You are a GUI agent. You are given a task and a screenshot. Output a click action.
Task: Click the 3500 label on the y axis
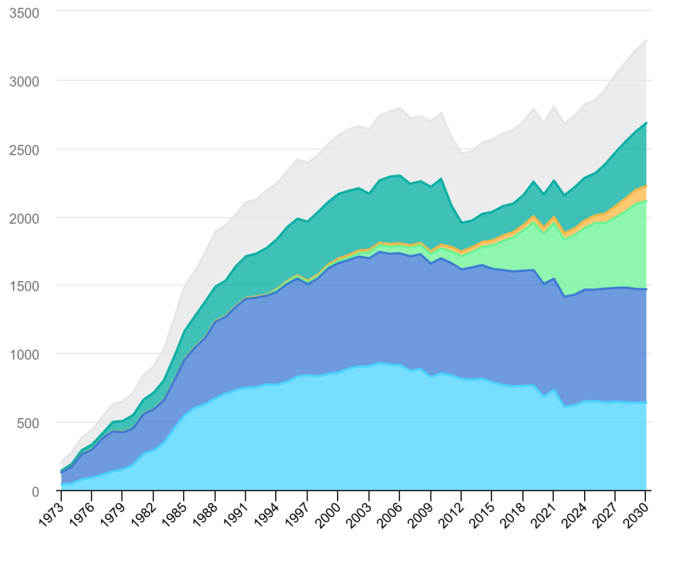[24, 13]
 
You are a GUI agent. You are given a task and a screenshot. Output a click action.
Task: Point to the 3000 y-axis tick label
[24, 81]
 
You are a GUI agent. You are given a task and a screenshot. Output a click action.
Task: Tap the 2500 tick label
[24, 150]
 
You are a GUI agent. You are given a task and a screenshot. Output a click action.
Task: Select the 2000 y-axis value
[24, 218]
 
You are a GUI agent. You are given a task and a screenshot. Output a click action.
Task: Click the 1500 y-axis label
[24, 286]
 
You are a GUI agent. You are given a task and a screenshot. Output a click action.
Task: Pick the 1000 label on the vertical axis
[24, 354]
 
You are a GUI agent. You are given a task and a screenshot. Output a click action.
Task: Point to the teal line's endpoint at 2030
[646, 123]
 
